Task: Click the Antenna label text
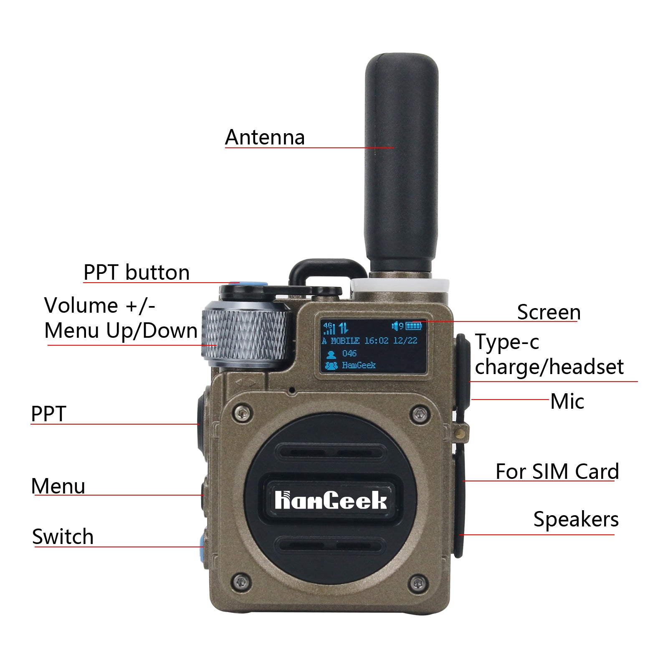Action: [265, 137]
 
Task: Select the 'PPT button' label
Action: [137, 272]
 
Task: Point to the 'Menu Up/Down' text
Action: [121, 331]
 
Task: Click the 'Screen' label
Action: [549, 312]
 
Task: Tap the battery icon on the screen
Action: [414, 326]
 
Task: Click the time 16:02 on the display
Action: [377, 341]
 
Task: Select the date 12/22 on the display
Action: [405, 341]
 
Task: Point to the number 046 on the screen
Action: [349, 354]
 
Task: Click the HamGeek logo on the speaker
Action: [331, 500]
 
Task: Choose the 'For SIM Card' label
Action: [557, 471]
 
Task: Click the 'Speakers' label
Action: [576, 520]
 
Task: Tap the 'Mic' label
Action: [567, 401]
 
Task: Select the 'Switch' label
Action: [63, 536]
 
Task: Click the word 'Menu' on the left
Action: [58, 486]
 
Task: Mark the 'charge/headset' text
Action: [549, 367]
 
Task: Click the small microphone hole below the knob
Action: [292, 390]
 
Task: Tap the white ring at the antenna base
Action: [400, 286]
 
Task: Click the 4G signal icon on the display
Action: [329, 328]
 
